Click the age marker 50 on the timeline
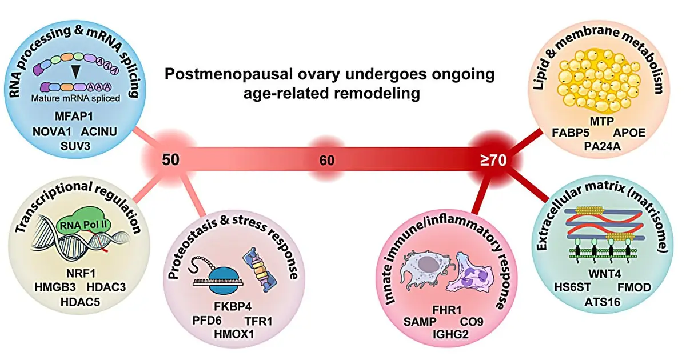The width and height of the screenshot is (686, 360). pos(170,159)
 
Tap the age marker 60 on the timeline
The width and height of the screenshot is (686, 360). pos(327,161)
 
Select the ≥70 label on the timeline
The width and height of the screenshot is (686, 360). pos(493,160)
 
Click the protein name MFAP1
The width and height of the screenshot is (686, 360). pos(74,117)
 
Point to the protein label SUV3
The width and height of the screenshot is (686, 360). pos(75,146)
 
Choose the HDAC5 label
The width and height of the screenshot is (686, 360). pos(80,302)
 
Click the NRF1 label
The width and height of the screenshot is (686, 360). pos(81,273)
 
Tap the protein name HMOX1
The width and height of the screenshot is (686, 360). pos(234,334)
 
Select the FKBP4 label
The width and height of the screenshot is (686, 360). pos(233,306)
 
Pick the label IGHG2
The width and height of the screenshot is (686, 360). pos(450,334)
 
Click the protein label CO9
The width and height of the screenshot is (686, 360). pos(472,322)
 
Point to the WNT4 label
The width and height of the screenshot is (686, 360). pos(605,274)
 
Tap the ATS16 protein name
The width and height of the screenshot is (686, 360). pos(602,302)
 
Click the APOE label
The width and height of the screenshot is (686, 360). pos(629,133)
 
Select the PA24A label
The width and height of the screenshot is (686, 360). pos(602,146)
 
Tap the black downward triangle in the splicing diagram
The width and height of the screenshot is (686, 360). pos(75,71)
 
